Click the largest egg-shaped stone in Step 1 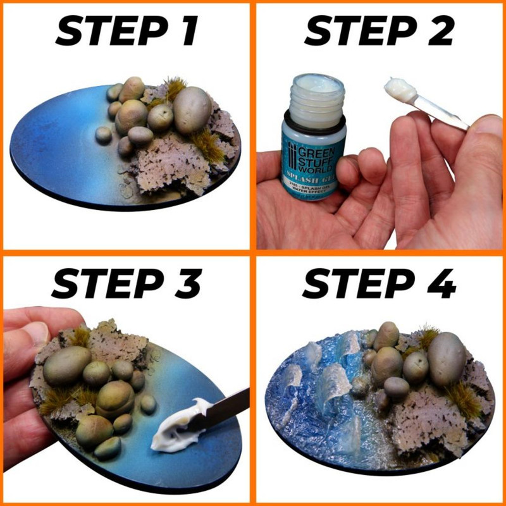click(x=192, y=109)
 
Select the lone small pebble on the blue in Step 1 click(x=103, y=135)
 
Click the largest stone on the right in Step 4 click(x=447, y=360)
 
